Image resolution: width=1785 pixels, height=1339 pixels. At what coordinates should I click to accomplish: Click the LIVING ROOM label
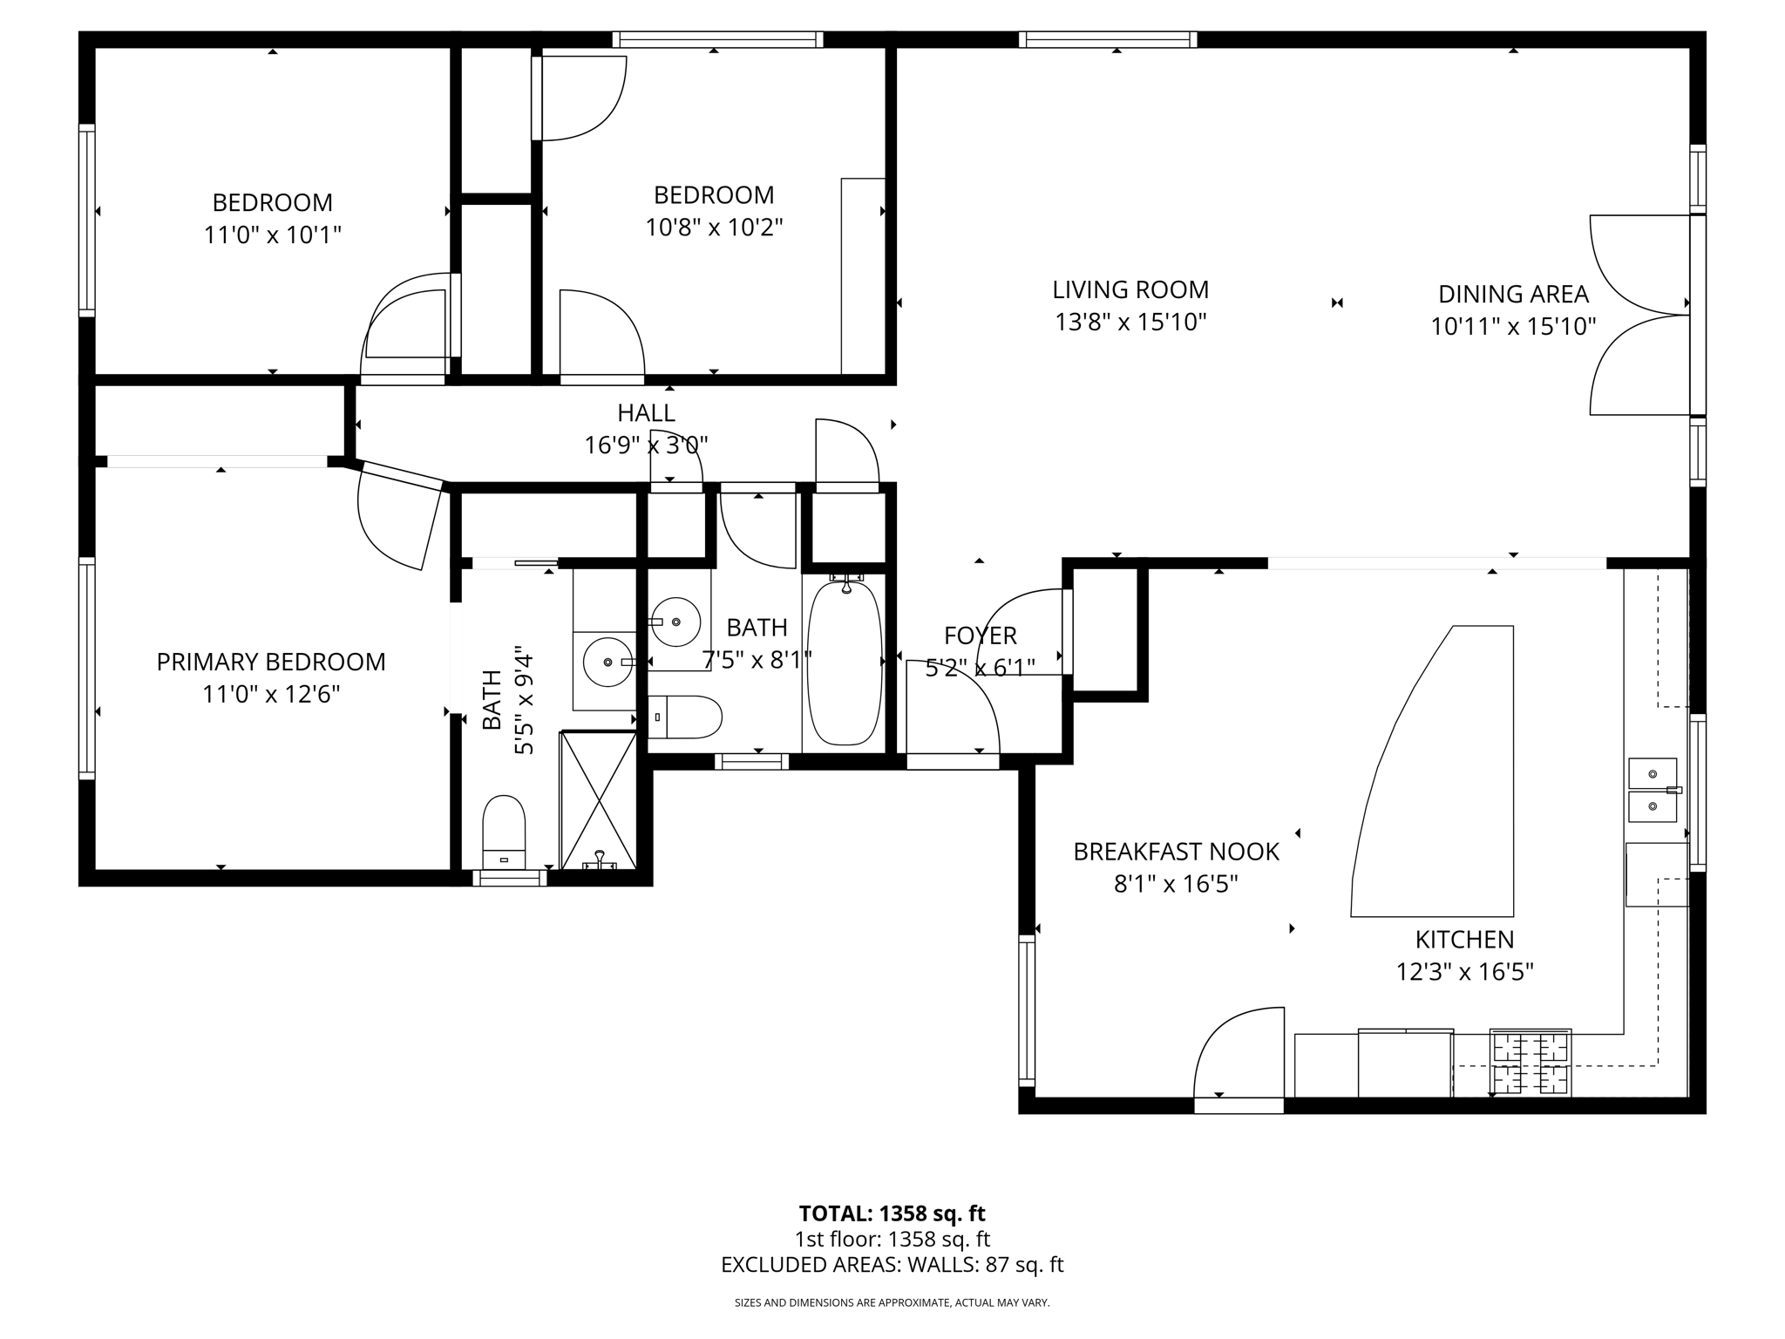point(1130,289)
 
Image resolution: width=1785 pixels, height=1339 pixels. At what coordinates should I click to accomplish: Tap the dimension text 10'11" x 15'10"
point(1513,327)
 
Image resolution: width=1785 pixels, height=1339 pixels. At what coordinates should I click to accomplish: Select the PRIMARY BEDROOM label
point(271,662)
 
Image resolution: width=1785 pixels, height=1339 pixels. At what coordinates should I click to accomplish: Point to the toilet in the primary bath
point(504,833)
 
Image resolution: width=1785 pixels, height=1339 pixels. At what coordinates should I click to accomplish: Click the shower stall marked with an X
point(598,800)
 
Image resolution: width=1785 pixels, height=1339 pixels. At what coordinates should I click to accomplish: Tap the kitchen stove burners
point(1530,1063)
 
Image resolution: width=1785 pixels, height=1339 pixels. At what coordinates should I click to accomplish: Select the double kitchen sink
point(1653,790)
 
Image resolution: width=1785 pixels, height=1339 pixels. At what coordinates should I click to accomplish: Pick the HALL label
point(646,412)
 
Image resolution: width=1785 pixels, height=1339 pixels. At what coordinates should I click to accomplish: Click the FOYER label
point(980,636)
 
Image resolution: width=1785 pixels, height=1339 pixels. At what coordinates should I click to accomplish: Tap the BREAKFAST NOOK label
point(1176,852)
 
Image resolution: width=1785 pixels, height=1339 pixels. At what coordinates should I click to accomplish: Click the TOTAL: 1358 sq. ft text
point(892,1213)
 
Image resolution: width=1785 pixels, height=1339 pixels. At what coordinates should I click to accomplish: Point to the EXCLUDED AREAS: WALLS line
point(892,1265)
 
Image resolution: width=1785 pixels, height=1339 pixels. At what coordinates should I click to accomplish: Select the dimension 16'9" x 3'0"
point(646,445)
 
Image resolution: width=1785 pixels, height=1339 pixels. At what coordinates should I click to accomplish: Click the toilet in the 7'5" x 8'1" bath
point(686,717)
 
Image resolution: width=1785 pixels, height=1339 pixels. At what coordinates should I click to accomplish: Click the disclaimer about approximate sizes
point(892,1303)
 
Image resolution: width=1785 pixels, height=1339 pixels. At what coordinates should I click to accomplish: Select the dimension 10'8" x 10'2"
point(714,228)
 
